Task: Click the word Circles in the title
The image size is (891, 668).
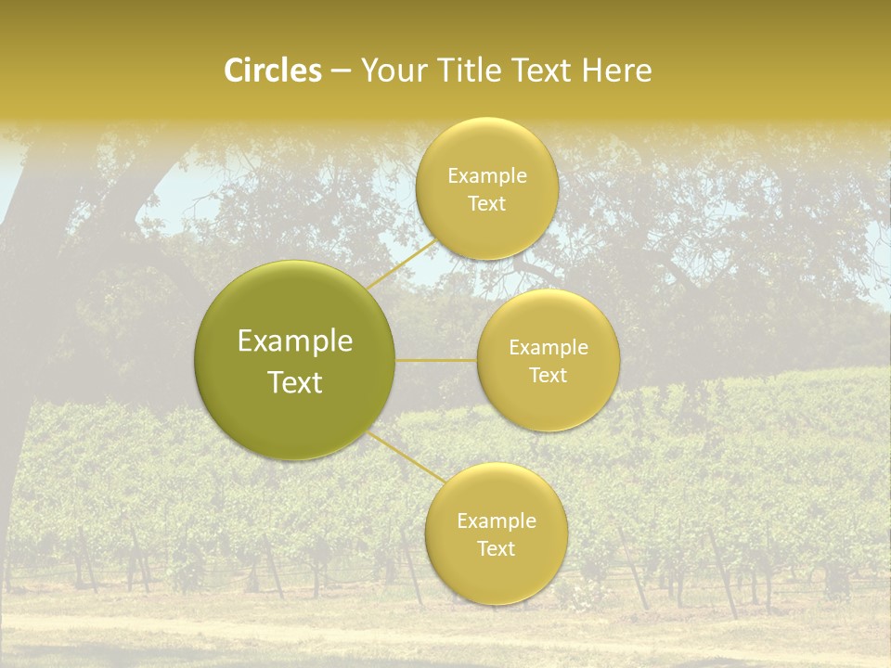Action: pos(272,71)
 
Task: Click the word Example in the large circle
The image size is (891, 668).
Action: pos(295,341)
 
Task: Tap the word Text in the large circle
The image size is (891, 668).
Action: pos(295,382)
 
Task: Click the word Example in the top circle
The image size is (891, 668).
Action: pos(486,176)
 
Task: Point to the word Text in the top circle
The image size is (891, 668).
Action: pos(486,204)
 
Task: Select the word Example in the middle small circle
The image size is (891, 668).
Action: pos(549,348)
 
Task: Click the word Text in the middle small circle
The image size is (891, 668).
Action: pos(549,376)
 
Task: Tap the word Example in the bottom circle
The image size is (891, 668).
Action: pos(496,521)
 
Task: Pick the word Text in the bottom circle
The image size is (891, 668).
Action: pos(496,549)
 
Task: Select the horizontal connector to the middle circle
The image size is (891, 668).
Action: pos(436,360)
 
